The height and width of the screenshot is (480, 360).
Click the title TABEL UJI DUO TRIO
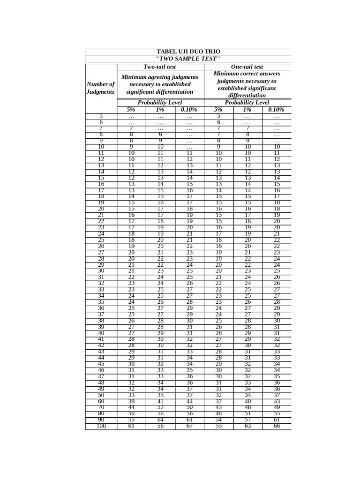coord(187,52)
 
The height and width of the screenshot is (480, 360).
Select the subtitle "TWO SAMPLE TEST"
coord(187,59)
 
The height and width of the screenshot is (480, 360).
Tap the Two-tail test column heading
coord(160,67)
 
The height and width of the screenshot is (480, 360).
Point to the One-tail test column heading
coord(247,67)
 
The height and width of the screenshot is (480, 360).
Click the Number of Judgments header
coord(101,88)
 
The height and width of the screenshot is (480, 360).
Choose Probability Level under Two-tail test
coord(160,102)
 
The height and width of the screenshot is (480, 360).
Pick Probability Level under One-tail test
coord(247,102)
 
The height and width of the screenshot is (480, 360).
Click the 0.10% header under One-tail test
coord(277,110)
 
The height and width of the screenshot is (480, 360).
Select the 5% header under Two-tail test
coord(131,110)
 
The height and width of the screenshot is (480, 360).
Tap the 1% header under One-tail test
coord(247,110)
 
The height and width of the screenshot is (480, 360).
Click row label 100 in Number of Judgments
coord(101,426)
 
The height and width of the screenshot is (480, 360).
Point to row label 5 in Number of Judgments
coord(101,116)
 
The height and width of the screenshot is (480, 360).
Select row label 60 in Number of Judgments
coord(101,401)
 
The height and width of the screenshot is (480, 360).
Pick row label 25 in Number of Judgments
coord(101,240)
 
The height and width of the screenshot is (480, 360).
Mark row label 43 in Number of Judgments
coord(101,352)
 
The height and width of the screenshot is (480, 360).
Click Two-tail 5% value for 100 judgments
coord(131,426)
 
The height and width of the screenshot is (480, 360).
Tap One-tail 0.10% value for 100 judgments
coord(277,426)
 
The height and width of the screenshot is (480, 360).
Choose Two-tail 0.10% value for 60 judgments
coord(189,401)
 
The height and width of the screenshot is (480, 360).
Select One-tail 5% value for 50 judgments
coord(218,395)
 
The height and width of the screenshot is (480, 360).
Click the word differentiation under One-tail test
coord(247,96)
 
